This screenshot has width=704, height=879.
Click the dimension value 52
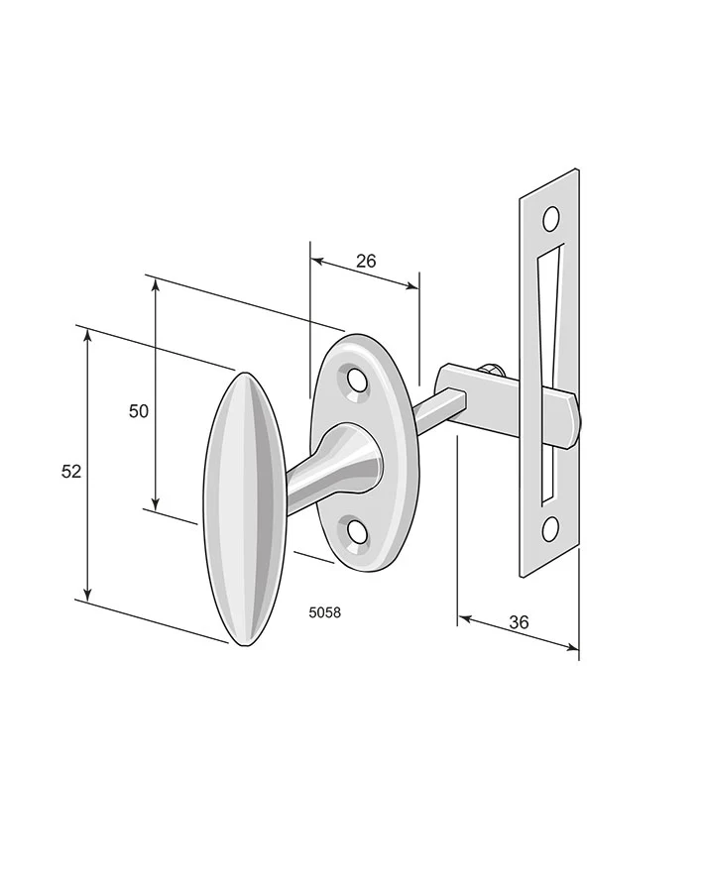click(x=71, y=472)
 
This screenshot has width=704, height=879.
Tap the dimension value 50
click(x=139, y=411)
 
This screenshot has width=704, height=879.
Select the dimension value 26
click(x=366, y=261)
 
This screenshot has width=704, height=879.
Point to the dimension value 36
click(x=519, y=621)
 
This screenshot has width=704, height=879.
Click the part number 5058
click(x=325, y=612)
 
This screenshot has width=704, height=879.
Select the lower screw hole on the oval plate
click(x=357, y=531)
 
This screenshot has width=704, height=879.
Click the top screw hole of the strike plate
click(x=551, y=219)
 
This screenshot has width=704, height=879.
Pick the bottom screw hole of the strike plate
click(x=551, y=528)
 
